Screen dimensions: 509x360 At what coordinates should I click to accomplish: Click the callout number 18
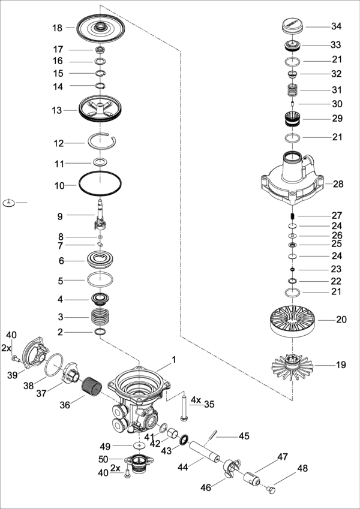[57, 28]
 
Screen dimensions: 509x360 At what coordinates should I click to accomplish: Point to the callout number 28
[338, 184]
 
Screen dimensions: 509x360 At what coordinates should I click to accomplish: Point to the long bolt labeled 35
[182, 408]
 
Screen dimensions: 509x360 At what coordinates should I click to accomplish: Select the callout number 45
[244, 436]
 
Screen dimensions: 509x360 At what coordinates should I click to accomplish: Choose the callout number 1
[174, 360]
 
